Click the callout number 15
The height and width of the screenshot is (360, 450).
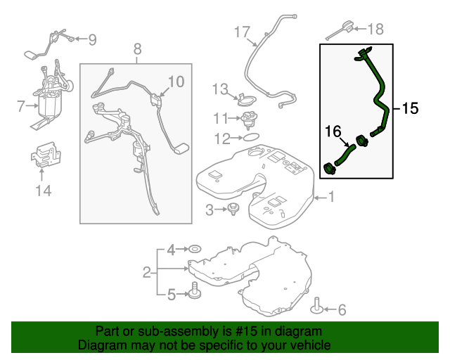tap(410, 108)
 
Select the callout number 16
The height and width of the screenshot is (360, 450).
tap(332, 130)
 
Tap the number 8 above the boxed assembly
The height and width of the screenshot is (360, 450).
tap(137, 49)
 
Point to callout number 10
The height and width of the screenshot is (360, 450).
tap(175, 82)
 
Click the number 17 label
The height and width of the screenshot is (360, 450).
tap(242, 32)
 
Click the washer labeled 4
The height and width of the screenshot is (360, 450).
tap(193, 250)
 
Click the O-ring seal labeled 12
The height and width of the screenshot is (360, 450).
tap(251, 139)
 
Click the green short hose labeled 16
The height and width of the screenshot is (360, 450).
tap(344, 155)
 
